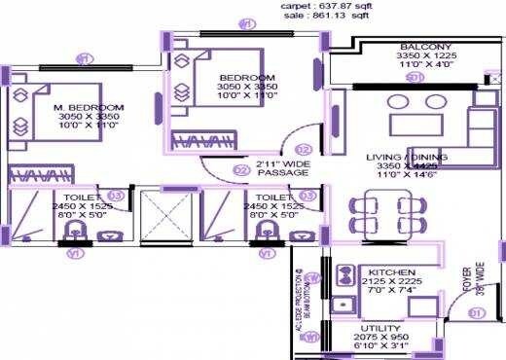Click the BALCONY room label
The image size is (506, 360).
point(424,47)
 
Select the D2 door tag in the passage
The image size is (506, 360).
point(240,169)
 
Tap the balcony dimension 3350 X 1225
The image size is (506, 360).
point(424,56)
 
